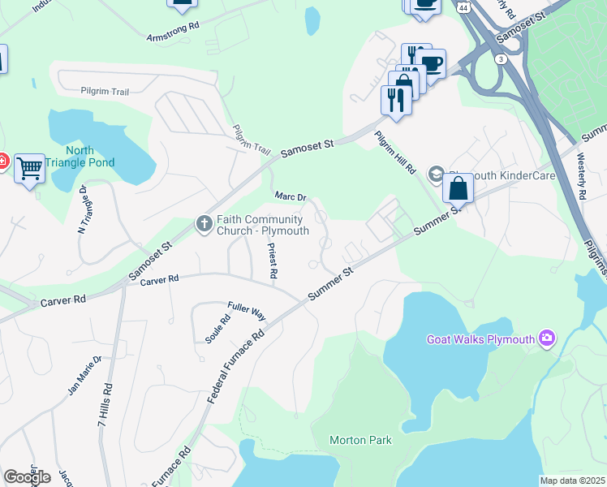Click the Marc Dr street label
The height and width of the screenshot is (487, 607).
point(290,196)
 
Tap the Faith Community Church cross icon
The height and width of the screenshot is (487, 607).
point(207,222)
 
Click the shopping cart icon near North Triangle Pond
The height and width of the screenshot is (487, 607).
point(29,168)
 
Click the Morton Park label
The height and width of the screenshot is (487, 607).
point(360,441)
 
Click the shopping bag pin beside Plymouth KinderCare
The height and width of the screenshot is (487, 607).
point(458,187)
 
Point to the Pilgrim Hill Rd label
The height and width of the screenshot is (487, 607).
point(395,153)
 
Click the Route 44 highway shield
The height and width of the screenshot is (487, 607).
point(461,6)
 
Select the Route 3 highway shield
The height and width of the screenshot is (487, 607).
point(502,59)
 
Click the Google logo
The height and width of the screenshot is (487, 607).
point(27,477)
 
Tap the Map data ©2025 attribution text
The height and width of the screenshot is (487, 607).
point(572,481)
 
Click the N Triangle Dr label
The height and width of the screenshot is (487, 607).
point(82,209)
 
